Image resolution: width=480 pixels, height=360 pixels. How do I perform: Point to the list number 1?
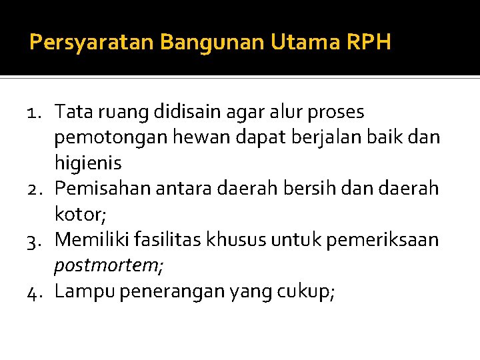(x=37, y=112)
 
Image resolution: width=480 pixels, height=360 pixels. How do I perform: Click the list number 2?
(x=37, y=189)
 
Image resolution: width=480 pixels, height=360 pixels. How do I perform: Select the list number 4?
(x=37, y=291)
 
